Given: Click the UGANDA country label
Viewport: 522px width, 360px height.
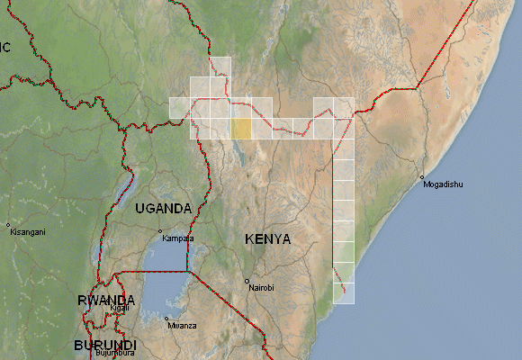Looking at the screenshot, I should [163, 208].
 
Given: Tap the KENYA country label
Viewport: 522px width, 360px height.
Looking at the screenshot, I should [267, 239].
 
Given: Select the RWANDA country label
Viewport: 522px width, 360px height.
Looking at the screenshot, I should [106, 301].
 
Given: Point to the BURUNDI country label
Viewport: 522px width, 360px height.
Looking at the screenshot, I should [105, 346].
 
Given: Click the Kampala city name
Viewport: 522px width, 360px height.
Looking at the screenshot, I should [177, 238].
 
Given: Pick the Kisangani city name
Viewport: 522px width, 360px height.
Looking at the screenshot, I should [26, 232].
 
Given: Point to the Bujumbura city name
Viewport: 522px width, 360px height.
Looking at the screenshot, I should [114, 354].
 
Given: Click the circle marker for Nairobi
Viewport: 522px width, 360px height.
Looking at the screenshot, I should [247, 281].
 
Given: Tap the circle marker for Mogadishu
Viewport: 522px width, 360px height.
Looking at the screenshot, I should [421, 176].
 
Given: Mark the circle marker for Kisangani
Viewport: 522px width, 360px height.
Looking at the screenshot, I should [8, 225].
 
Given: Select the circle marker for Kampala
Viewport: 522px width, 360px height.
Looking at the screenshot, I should [161, 232].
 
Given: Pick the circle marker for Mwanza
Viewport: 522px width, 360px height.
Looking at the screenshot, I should [166, 318].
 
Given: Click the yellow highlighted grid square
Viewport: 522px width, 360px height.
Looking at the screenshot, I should [241, 128].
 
